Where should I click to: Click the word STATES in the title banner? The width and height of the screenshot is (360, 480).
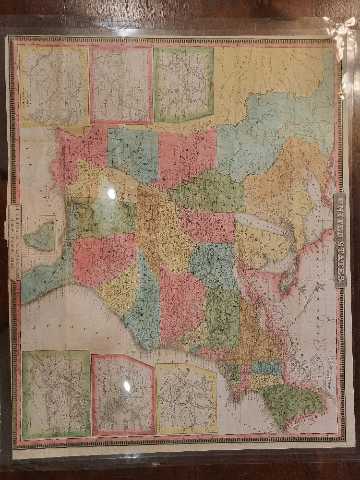coord(339,260)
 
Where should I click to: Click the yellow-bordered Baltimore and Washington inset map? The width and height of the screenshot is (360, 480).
coord(54,86)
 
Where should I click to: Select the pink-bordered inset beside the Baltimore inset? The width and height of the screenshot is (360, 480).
coord(121,85)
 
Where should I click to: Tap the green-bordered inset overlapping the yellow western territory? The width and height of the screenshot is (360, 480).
coord(183,84)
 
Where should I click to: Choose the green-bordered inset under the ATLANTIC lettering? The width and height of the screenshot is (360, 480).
coord(56,394)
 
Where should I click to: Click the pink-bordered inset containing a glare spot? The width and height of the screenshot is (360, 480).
coord(123,395)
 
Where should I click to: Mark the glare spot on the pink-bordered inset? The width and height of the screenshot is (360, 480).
coord(127,386)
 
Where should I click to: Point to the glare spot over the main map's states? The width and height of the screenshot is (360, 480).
coord(111,193)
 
